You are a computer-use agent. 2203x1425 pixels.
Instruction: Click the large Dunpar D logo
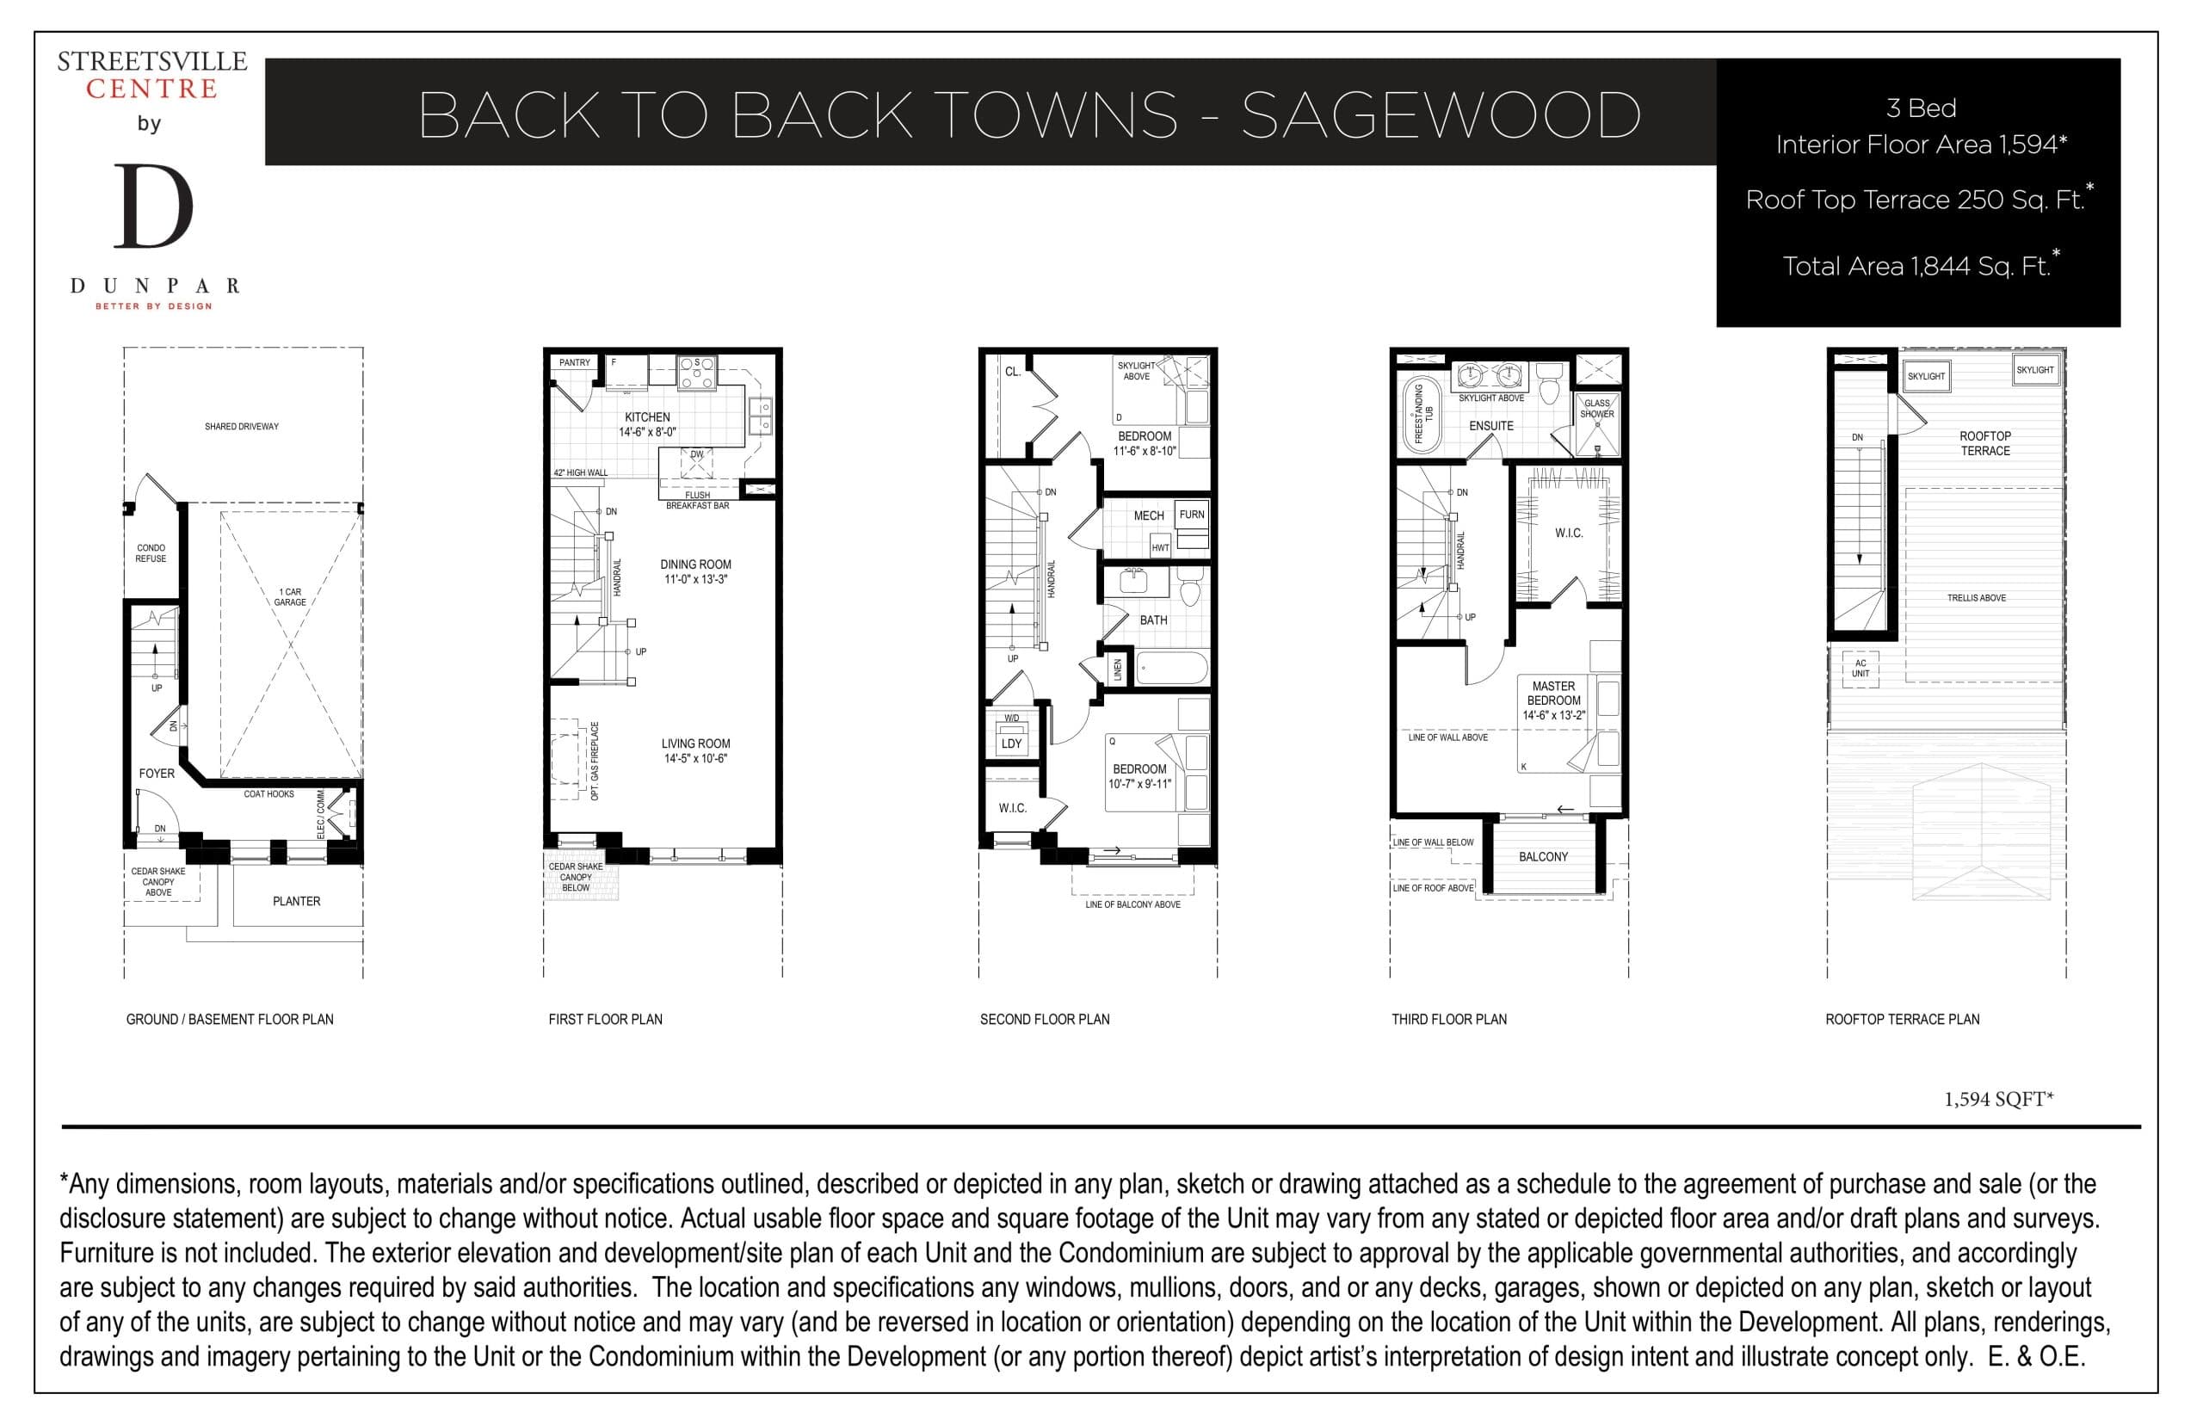[152, 207]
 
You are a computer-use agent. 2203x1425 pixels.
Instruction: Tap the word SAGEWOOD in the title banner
[1440, 115]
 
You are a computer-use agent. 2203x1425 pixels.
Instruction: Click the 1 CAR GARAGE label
[290, 597]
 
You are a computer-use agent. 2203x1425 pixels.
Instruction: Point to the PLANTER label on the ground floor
[296, 901]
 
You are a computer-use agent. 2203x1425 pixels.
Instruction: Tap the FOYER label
[157, 774]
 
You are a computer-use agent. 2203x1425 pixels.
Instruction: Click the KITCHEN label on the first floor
[647, 417]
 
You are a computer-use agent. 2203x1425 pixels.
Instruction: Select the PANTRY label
[574, 363]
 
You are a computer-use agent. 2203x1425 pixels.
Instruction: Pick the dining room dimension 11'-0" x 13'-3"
[696, 580]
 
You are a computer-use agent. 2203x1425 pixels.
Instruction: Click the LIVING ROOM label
[696, 744]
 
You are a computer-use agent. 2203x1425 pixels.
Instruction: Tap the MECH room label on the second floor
[1148, 515]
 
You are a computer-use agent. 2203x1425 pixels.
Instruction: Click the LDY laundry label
[1011, 744]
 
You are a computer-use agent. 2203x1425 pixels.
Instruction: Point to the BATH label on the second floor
[1153, 620]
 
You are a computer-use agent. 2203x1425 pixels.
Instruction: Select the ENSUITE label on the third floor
[1490, 427]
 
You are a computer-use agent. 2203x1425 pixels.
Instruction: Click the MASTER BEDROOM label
[1553, 693]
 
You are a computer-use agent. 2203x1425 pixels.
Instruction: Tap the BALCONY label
[1543, 857]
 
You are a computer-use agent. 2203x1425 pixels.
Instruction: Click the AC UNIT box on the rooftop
[1860, 668]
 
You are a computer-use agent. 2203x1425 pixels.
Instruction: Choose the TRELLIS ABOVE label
[1977, 599]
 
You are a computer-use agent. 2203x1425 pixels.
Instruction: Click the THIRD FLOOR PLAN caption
[1449, 1020]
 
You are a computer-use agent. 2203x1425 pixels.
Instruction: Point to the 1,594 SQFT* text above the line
[1997, 1099]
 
